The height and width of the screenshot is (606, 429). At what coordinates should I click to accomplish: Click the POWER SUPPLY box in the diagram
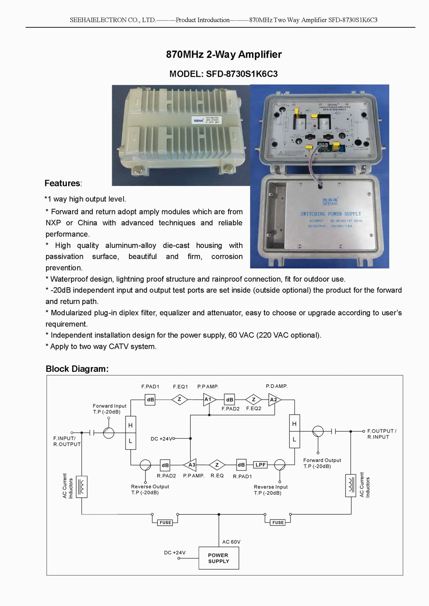(218, 558)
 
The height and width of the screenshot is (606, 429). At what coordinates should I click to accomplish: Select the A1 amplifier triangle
(209, 399)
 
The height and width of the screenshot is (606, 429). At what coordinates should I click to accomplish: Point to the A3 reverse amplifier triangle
(191, 465)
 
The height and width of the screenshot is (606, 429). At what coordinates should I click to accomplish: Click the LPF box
(260, 465)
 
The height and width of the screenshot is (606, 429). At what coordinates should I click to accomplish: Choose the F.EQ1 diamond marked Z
(179, 399)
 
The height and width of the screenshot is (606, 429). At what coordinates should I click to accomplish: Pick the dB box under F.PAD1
(150, 399)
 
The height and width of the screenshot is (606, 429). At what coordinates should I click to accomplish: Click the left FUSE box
(165, 523)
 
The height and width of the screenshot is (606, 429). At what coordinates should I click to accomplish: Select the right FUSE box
(278, 523)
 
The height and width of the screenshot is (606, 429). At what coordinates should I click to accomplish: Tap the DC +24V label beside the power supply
(175, 553)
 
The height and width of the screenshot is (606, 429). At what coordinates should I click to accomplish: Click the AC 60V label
(231, 542)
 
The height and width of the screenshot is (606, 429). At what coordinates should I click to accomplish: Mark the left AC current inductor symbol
(82, 487)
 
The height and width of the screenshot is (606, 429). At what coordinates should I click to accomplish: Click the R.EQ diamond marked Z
(217, 465)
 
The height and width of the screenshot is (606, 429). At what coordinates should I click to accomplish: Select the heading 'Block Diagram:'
(77, 369)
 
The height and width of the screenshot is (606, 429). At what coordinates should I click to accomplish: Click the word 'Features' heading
(62, 183)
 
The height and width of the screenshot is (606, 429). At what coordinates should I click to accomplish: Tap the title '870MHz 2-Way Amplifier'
(224, 54)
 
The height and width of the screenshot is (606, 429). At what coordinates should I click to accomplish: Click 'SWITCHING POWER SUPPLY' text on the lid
(330, 214)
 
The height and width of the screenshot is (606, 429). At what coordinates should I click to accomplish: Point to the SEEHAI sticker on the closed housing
(207, 120)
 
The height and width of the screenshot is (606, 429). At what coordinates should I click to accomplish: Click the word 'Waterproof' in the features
(67, 279)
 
